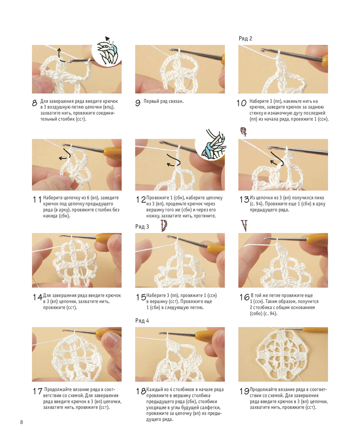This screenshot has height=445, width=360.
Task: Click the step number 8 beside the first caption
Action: pos(35,103)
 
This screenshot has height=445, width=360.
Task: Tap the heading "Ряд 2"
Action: pos(246,38)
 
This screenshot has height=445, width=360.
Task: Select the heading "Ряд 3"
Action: pos(142,227)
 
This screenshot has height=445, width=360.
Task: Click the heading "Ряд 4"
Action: pos(142,321)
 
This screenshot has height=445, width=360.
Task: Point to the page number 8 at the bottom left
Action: pos(22,422)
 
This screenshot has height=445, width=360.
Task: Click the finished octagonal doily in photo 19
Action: pos(282,355)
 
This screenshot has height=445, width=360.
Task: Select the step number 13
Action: pos(244,200)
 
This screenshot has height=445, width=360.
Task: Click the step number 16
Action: pos(244,297)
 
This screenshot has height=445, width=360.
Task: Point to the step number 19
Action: pos(244,391)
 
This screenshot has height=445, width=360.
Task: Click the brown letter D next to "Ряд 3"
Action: pos(164,226)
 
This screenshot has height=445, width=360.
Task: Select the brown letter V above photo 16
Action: pos(244,226)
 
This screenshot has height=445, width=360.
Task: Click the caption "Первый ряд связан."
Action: pos(163,101)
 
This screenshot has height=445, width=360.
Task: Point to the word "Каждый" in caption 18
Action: pos(154,390)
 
